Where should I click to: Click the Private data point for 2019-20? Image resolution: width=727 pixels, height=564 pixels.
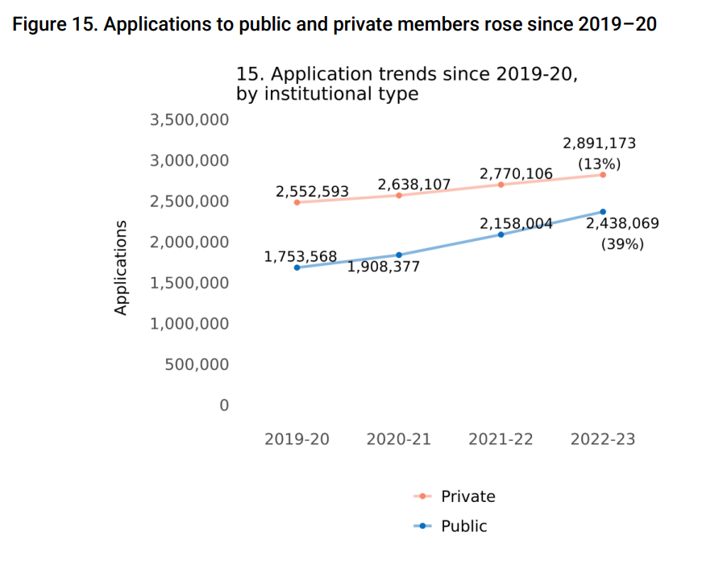(297, 202)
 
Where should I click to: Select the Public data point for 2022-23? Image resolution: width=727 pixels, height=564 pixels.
(603, 212)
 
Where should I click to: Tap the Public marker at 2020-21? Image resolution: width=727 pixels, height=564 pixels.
(399, 255)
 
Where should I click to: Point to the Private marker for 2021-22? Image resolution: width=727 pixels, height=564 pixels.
(501, 185)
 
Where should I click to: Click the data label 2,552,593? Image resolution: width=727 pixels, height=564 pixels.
(312, 192)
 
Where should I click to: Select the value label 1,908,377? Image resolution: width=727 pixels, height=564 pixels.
(384, 267)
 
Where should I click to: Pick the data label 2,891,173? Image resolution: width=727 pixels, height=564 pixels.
(599, 144)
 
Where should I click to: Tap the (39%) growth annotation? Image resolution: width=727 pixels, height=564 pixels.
(622, 243)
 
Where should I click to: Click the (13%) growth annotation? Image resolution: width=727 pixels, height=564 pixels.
(599, 164)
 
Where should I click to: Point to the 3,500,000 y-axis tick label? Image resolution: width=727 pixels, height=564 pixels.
(189, 120)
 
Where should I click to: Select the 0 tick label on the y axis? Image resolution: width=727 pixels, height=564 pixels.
(224, 405)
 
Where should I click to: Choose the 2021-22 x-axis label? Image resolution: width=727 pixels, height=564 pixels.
(501, 439)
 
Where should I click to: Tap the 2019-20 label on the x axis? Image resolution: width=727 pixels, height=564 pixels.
(297, 439)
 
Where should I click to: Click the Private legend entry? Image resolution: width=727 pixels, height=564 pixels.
(467, 496)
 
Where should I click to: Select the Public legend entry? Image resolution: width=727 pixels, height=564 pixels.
(463, 526)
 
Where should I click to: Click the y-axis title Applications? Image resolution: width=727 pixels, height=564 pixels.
(121, 267)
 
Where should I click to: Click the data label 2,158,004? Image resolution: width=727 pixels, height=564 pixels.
(516, 224)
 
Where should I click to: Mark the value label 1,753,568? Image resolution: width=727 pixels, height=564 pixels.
(300, 257)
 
